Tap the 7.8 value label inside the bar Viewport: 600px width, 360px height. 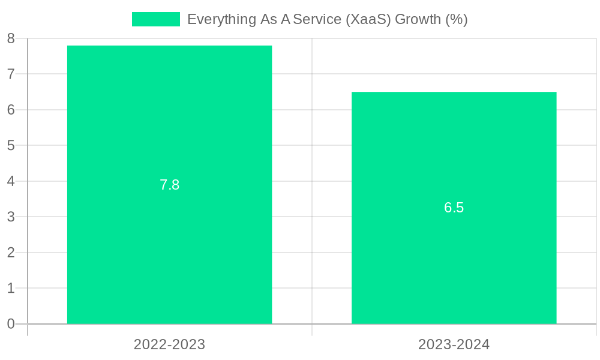(169, 185)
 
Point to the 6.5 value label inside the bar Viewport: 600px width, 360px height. (454, 208)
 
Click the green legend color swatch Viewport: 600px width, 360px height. (155, 19)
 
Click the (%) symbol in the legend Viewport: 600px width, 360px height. (456, 19)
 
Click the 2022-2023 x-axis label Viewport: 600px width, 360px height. (169, 344)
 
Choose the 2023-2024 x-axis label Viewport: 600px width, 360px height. (454, 344)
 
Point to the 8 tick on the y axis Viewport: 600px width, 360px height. (11, 38)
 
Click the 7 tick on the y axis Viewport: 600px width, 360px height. (11, 74)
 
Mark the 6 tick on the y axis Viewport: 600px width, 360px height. (11, 110)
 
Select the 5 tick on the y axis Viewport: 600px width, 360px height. (11, 145)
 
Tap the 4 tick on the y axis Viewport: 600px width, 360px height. (11, 181)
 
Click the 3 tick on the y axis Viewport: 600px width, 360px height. (11, 217)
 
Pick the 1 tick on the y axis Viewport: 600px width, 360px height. (11, 288)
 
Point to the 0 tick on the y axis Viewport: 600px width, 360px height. (11, 324)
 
